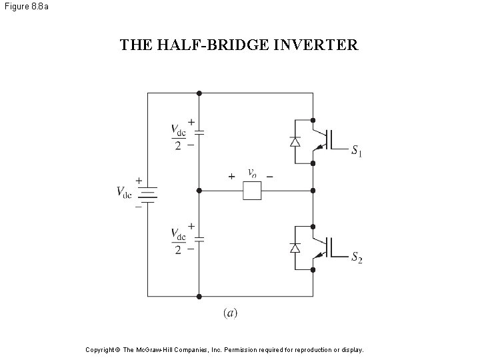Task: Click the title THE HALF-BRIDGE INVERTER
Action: click(x=239, y=45)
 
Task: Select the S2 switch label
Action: click(x=357, y=258)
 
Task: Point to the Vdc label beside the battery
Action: click(x=124, y=192)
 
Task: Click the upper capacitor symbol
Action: click(x=199, y=133)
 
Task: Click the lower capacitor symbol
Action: click(x=199, y=237)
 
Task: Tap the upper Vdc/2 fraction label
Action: click(x=178, y=137)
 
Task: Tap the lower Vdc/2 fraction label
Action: click(x=178, y=241)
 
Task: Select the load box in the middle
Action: click(x=252, y=191)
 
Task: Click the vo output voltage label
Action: click(x=252, y=173)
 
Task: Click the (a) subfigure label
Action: click(x=229, y=312)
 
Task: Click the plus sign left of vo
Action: click(x=231, y=177)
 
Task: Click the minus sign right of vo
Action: click(x=269, y=177)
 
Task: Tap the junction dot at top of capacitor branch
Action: click(x=199, y=93)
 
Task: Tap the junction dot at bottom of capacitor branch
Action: click(x=199, y=295)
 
